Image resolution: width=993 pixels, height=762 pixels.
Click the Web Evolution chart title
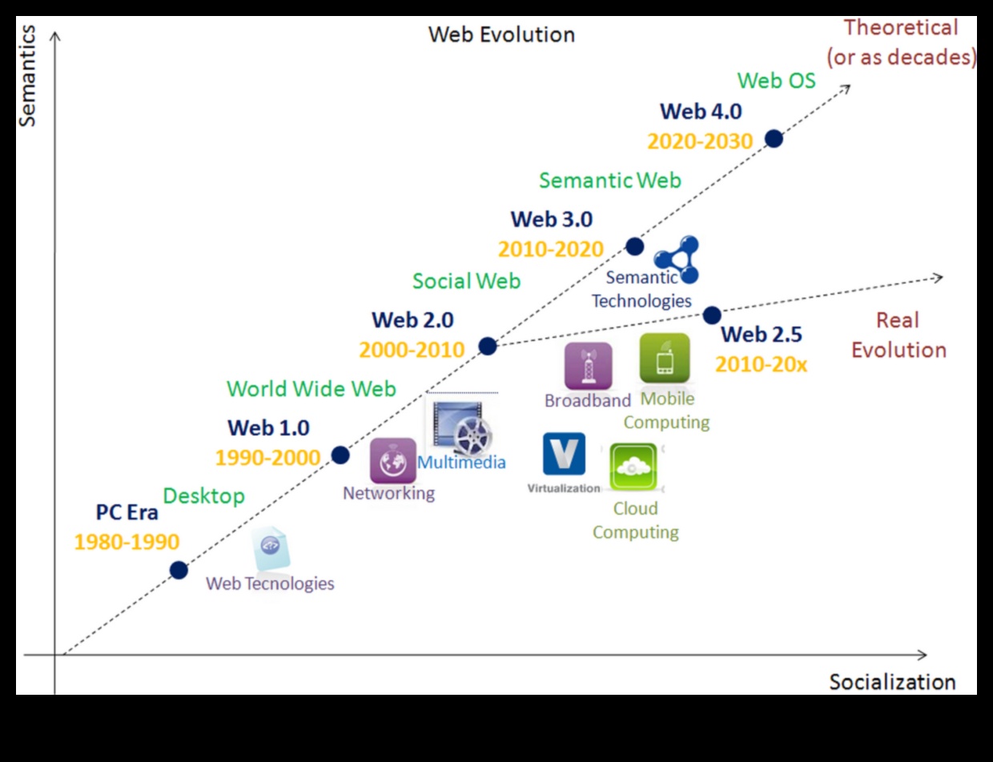[x=501, y=35]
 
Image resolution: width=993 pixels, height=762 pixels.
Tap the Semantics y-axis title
[x=27, y=75]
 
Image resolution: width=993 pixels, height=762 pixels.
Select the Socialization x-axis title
[x=892, y=682]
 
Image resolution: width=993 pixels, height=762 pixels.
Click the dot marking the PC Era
[x=179, y=570]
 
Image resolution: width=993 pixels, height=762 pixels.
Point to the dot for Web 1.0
[x=340, y=455]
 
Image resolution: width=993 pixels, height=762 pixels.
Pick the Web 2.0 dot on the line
[x=487, y=346]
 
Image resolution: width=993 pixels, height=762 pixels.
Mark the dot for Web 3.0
[x=634, y=246]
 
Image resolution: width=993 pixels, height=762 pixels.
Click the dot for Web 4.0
[x=773, y=138]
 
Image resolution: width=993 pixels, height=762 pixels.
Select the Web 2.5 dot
[x=711, y=315]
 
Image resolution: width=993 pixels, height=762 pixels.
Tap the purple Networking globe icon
[x=392, y=461]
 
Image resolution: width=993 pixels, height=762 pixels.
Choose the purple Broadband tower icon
[x=588, y=366]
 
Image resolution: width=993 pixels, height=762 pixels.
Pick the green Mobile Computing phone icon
[x=665, y=359]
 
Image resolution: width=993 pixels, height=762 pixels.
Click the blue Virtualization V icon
[x=564, y=454]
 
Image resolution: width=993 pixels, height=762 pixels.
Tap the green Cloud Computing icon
[x=633, y=467]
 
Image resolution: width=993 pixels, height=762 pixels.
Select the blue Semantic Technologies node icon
[x=677, y=259]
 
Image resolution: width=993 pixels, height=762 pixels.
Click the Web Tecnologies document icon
[x=270, y=548]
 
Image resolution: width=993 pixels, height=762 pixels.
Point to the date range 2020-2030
[x=700, y=142]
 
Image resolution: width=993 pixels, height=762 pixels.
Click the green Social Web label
[x=466, y=281]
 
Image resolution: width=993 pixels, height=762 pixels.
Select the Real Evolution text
[x=898, y=335]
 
